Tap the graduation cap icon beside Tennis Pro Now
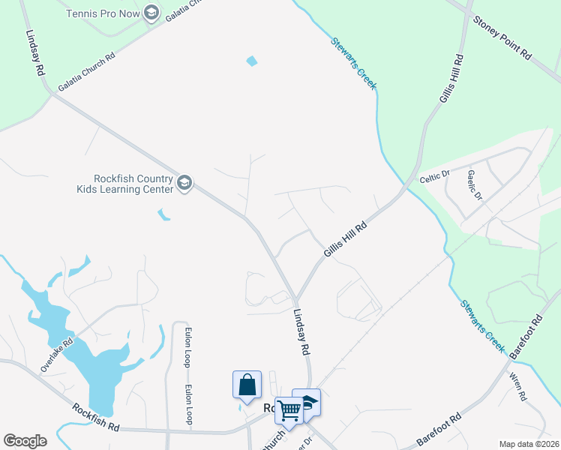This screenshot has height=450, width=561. (152, 13)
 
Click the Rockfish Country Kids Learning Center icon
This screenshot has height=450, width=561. (184, 182)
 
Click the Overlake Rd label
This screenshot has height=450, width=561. (57, 355)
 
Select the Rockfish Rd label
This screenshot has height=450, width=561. (96, 418)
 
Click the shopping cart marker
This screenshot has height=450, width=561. (289, 409)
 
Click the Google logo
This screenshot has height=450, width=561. (25, 441)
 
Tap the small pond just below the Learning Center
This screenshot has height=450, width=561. (163, 215)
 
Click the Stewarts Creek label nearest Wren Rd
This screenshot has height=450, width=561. (481, 322)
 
